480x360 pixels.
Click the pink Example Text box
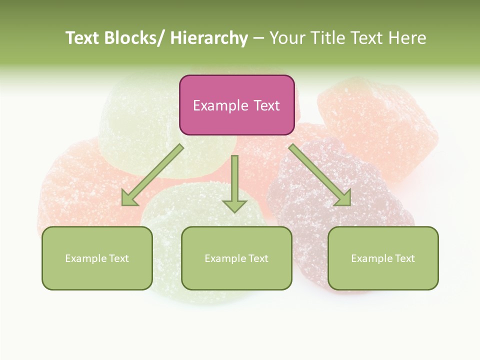pos(236,105)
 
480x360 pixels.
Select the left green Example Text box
pos(97,258)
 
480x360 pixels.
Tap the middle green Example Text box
pos(236,258)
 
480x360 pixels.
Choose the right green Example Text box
pos(383,258)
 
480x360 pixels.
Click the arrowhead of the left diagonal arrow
pos(129,199)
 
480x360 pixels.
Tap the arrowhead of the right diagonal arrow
pos(343,198)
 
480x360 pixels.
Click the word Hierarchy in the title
pos(209,38)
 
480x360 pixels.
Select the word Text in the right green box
pos(404,258)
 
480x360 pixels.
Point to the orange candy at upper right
pos(380,125)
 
